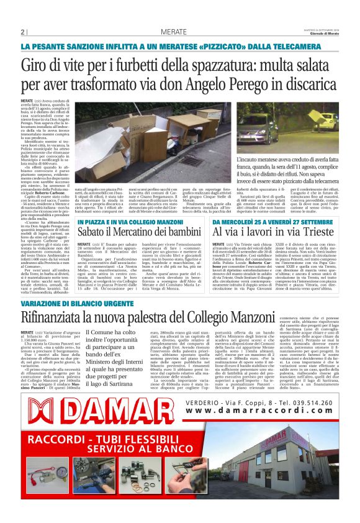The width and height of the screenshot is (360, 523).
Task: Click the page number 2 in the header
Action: point(22,32)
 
